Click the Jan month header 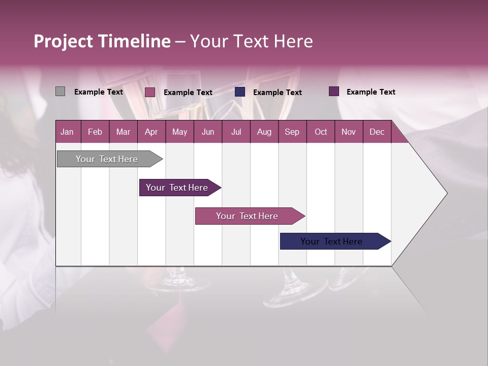68,132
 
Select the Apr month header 151,132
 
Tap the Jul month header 236,132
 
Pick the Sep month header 292,132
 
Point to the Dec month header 377,132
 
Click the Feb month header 95,132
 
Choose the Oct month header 321,132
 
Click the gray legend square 60,91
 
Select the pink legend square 150,92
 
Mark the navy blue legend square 240,92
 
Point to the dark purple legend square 334,91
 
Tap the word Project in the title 64,41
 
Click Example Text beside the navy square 277,93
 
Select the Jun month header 208,132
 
